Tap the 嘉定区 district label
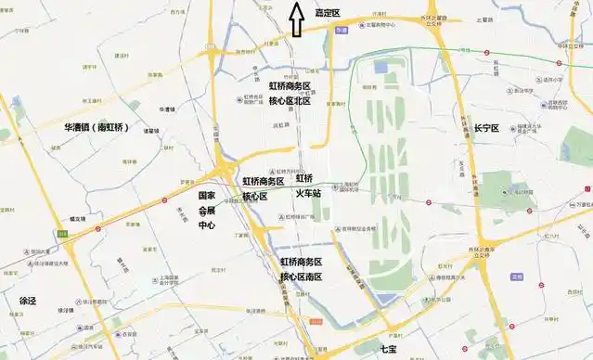pos(328,13)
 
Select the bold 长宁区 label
pos(487,127)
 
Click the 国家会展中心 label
pos(207,211)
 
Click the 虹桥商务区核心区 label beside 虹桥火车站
pos(264,188)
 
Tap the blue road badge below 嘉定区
pos(341,30)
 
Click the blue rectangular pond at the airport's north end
pos(380,67)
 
